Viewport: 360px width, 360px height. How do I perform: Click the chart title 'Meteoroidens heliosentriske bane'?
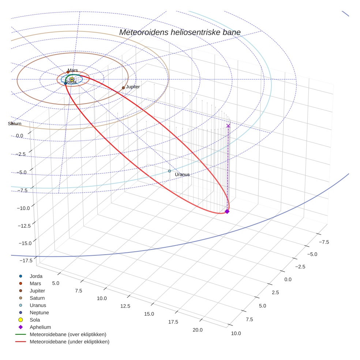[180, 32]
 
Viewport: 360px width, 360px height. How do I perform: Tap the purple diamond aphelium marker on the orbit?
[227, 211]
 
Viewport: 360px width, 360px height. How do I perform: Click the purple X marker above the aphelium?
[228, 125]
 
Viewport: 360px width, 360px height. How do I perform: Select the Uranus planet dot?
[169, 171]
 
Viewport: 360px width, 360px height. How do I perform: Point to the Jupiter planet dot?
[123, 88]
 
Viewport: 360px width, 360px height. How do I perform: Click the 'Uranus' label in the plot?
[182, 175]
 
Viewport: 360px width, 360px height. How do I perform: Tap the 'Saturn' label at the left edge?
[15, 124]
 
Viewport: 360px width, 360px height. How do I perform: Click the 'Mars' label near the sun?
[73, 70]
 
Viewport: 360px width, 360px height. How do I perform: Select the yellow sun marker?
[72, 79]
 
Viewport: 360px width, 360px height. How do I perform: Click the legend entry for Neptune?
[39, 312]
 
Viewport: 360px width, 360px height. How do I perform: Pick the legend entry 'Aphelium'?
[40, 327]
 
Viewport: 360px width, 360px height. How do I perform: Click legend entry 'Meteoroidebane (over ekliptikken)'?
[68, 334]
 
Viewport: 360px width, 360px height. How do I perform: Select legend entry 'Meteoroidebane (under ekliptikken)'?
[70, 342]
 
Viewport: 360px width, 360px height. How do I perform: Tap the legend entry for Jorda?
[36, 276]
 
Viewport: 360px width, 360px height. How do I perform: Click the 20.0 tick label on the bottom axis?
[198, 330]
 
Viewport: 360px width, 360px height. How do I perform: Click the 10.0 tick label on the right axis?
[236, 333]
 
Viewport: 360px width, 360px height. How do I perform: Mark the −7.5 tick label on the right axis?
[324, 242]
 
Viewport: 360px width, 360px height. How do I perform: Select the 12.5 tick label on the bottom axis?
[125, 306]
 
